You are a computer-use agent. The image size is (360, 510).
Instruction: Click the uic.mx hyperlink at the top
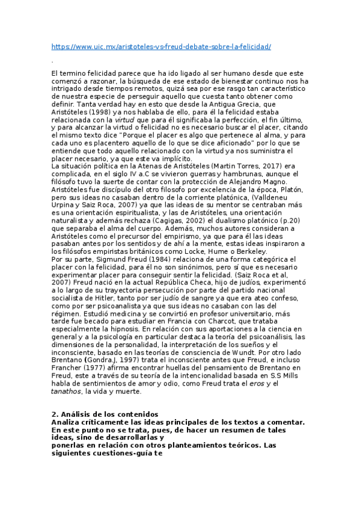[x=162, y=46]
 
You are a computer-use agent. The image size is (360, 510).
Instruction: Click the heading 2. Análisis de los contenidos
[x=105, y=414]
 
